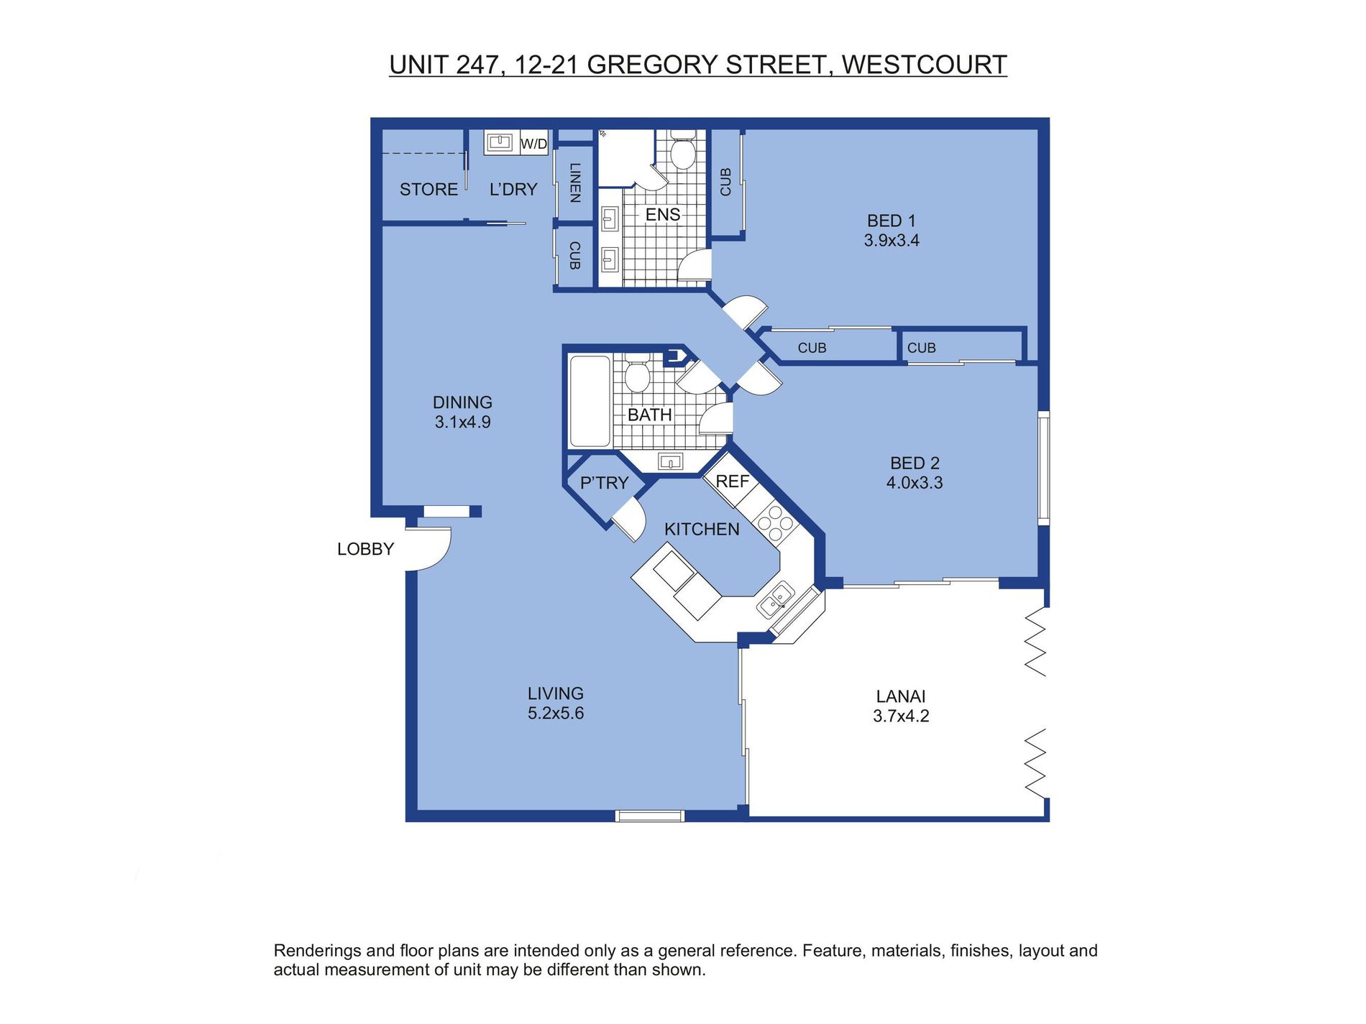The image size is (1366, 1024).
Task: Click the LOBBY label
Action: pos(365,549)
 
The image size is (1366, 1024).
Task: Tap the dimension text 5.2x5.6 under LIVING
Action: pos(556,714)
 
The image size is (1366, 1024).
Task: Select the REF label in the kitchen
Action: pos(732,481)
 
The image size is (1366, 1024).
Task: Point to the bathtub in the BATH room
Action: pos(590,402)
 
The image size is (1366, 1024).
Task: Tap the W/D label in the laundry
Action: pos(533,144)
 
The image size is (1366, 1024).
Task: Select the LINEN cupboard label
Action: pos(574,183)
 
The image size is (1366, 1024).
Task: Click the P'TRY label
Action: pos(604,483)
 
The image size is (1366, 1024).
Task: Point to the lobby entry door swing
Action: pos(430,548)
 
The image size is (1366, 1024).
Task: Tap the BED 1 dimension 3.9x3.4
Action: pos(891,241)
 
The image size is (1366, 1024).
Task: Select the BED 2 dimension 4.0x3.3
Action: pos(914,483)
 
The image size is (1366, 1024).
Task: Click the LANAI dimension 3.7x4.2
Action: pos(901,716)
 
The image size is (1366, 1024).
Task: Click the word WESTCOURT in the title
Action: pos(924,65)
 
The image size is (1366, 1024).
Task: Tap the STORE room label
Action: pos(428,190)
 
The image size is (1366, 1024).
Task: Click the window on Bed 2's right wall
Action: pos(1043,467)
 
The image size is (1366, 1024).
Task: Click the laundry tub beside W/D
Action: pos(500,142)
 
